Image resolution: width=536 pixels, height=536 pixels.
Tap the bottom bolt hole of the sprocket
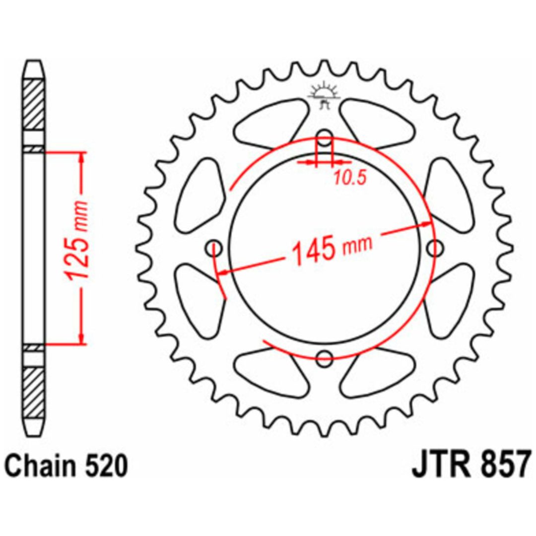pyautogui.click(x=324, y=357)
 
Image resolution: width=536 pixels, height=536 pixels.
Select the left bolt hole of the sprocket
pyautogui.click(x=214, y=248)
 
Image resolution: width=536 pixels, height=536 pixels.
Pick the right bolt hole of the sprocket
pyautogui.click(x=435, y=248)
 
